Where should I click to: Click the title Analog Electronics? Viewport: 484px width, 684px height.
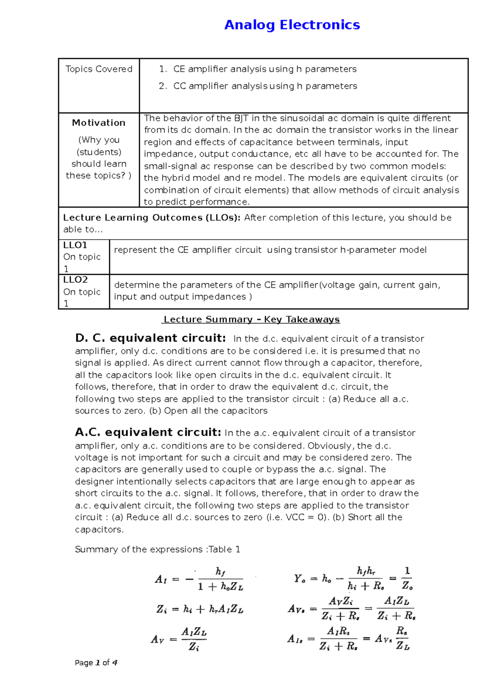292,25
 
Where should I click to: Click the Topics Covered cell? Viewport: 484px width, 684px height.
99,69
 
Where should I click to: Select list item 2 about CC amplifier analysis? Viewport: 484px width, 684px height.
265,86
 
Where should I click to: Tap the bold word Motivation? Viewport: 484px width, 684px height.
98,123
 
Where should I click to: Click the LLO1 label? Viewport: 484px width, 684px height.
75,245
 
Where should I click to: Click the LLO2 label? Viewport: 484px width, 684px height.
75,280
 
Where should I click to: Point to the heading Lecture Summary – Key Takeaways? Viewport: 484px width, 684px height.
251,319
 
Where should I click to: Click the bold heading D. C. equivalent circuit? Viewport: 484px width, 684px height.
150,338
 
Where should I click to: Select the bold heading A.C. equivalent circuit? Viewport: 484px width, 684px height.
148,433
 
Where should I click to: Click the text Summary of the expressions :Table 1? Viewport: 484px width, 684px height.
157,549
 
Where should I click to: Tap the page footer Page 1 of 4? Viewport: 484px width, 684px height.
96,663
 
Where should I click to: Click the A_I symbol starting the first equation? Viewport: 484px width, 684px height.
161,580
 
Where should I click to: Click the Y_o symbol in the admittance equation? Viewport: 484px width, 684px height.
300,579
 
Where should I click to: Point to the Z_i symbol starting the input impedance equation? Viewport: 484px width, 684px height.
161,609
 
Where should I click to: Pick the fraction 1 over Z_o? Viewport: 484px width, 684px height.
407,578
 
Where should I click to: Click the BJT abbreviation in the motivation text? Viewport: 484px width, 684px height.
241,118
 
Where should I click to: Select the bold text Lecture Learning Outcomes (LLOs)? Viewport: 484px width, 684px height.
152,218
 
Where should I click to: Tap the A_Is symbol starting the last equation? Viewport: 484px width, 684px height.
295,639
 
